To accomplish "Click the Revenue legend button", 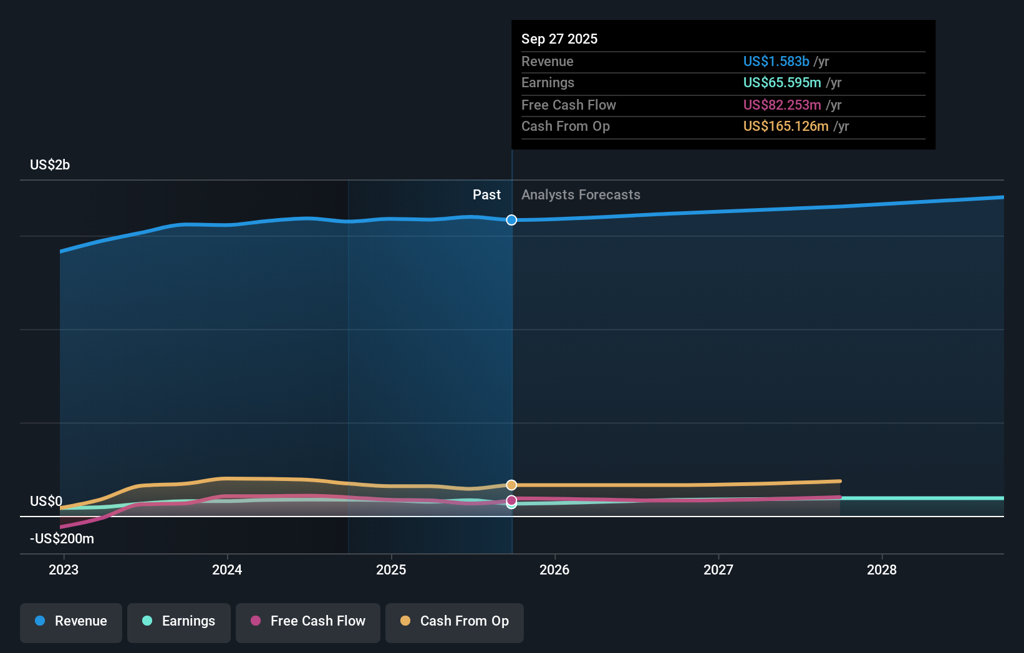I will (x=71, y=621).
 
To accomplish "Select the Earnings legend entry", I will (x=179, y=621).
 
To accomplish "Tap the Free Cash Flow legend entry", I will (x=308, y=621).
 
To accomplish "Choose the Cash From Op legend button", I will (x=455, y=621).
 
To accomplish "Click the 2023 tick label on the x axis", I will (x=64, y=570).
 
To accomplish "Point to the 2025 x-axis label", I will (x=391, y=570).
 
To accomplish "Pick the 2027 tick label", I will (x=718, y=570).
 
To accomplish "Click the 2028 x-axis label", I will (x=882, y=570).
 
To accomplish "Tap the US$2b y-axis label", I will (x=50, y=165).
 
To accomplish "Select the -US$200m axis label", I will (x=62, y=539).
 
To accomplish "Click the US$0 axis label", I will (x=46, y=502).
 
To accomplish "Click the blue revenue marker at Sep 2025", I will (x=511, y=220).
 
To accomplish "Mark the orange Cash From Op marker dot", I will (x=511, y=485).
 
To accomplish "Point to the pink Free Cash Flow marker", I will (x=511, y=500).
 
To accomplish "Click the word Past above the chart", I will (x=486, y=195).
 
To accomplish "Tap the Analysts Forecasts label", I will (x=581, y=195).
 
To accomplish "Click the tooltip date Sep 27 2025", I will (x=559, y=39).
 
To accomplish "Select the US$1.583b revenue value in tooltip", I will (x=776, y=62).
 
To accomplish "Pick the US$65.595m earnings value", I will (x=782, y=83).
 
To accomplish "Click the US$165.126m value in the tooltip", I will (x=786, y=126).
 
